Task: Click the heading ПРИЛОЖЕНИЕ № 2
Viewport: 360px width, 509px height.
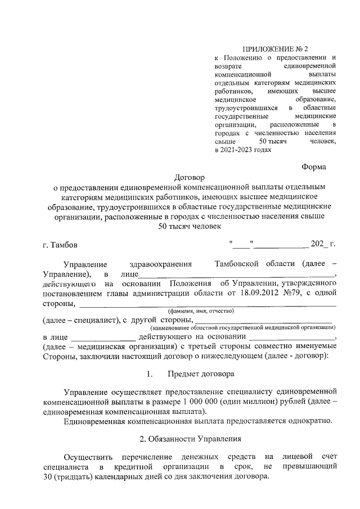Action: point(276,49)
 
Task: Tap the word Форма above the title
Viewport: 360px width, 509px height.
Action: point(313,166)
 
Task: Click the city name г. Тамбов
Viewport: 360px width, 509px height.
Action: point(61,245)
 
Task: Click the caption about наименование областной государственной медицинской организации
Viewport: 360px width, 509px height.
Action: point(243,327)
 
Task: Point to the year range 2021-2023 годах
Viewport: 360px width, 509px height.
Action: point(243,150)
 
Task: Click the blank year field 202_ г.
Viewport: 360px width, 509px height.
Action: point(323,245)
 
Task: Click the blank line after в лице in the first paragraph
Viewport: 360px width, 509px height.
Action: point(236,274)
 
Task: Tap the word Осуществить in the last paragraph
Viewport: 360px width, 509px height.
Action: point(88,456)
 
